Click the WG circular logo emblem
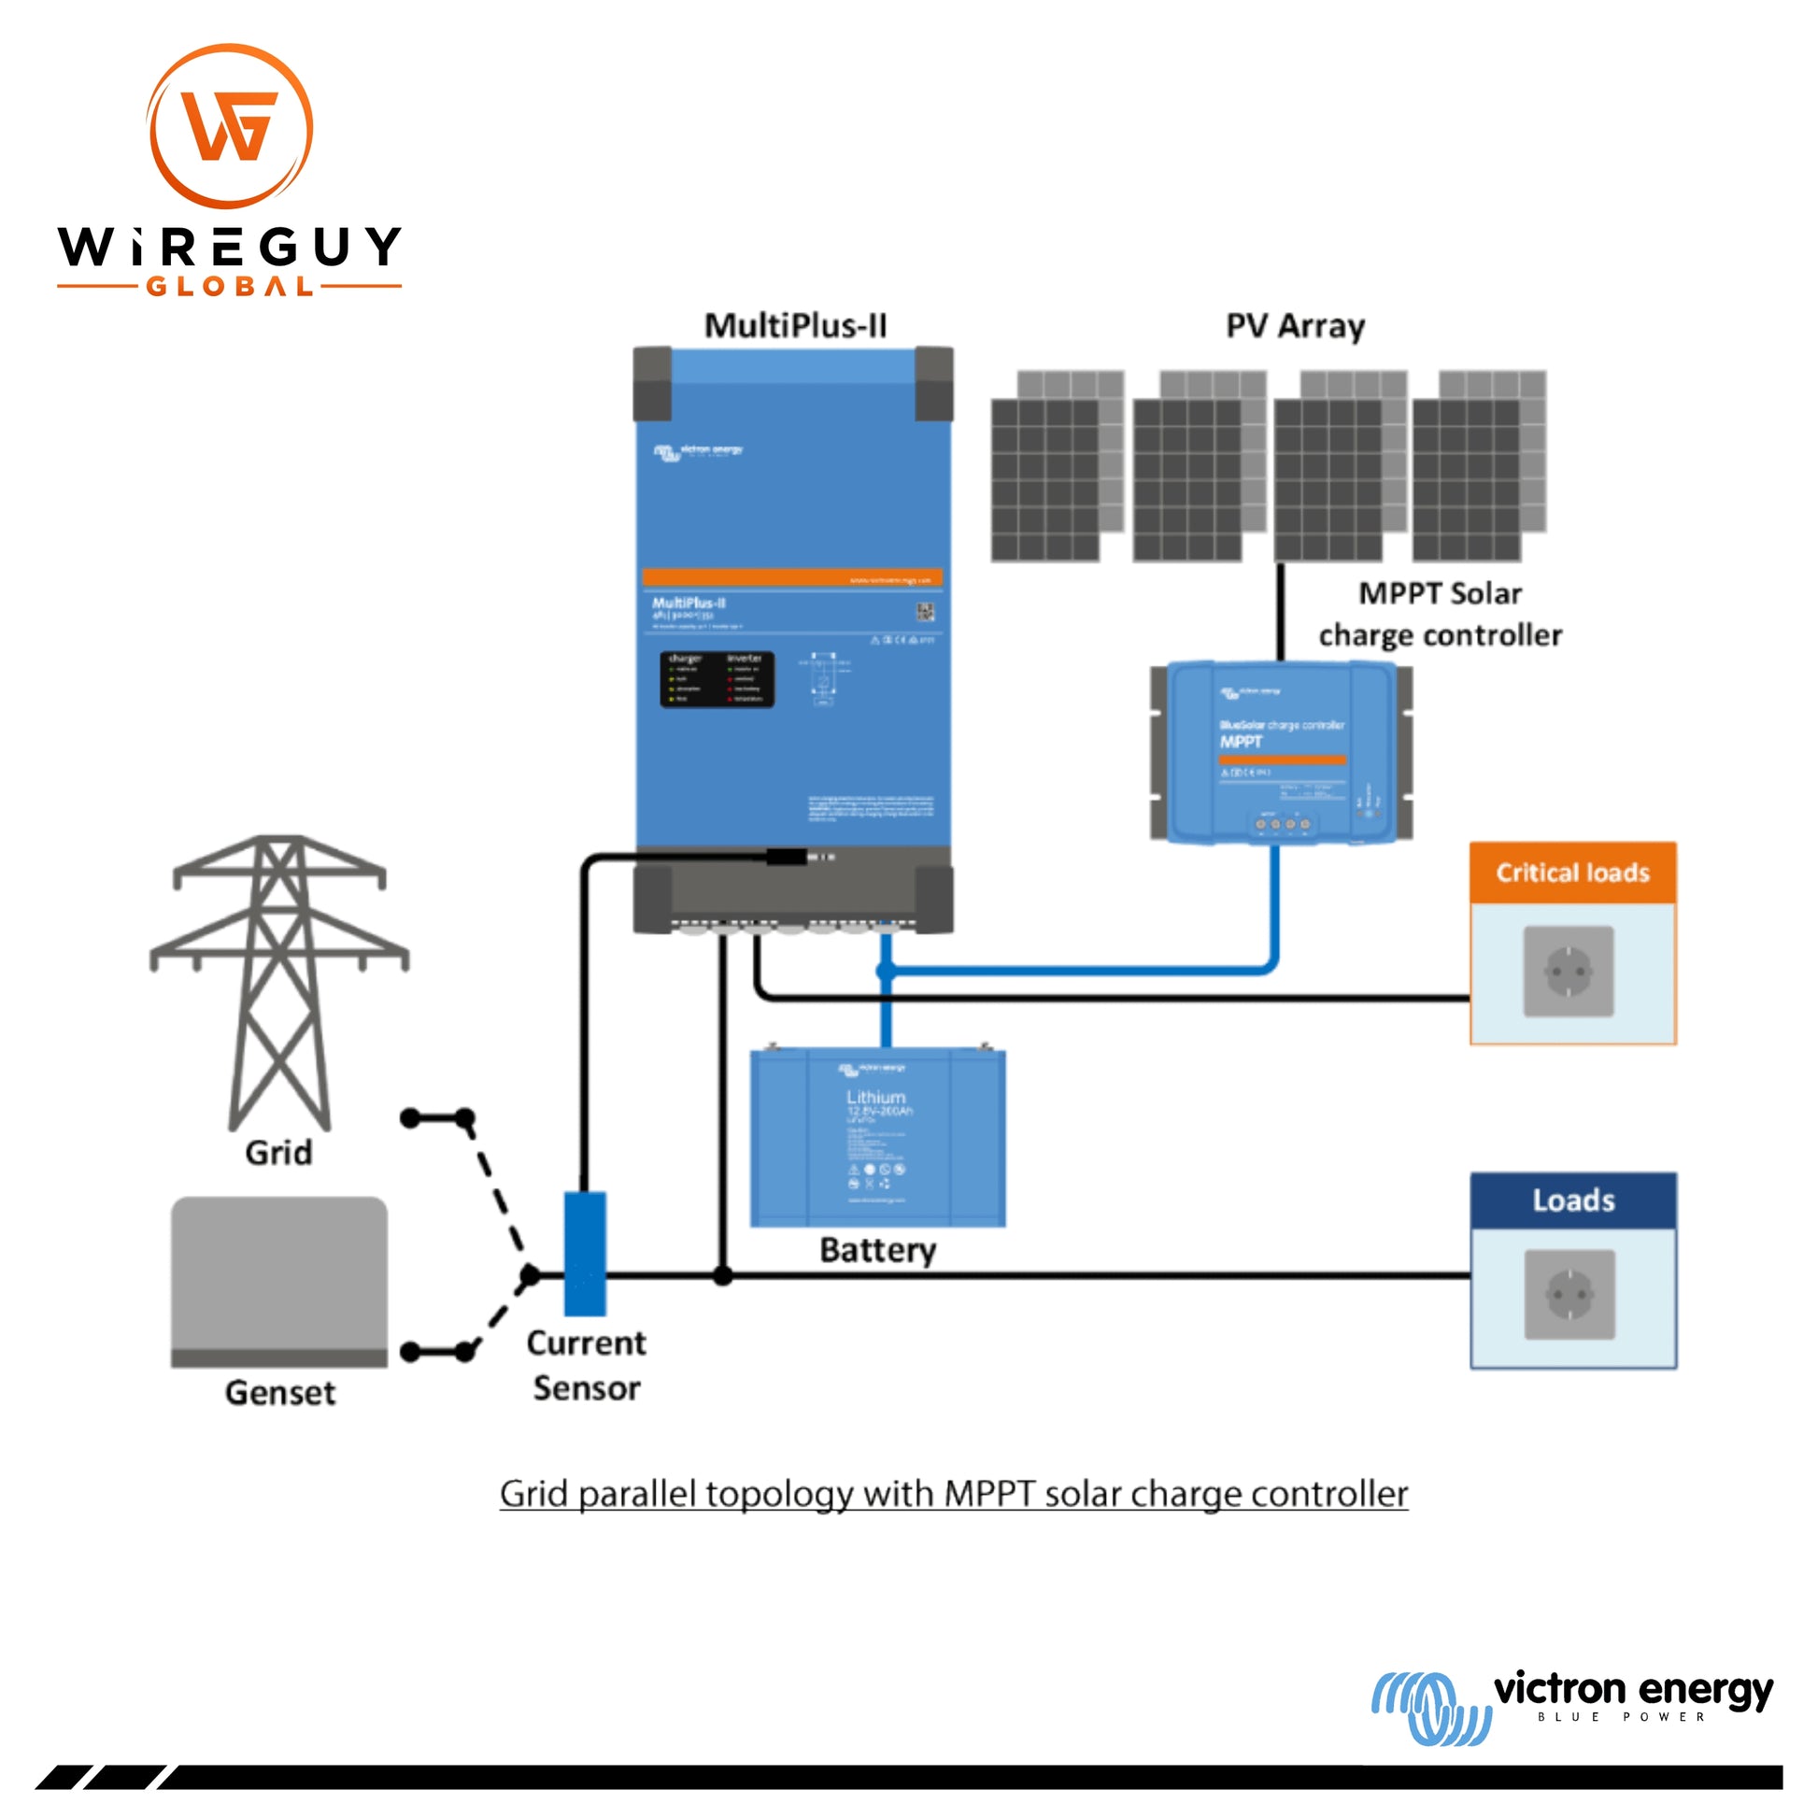click(231, 126)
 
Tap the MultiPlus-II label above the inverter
click(795, 326)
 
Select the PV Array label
click(1295, 326)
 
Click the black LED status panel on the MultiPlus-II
click(717, 679)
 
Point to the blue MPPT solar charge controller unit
click(1281, 752)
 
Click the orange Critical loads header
click(1572, 873)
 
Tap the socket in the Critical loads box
click(1569, 971)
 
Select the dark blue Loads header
click(1572, 1200)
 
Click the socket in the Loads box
click(1569, 1295)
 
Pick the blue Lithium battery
click(877, 1138)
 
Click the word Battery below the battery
click(877, 1251)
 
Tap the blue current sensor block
click(585, 1253)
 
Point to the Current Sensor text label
click(587, 1366)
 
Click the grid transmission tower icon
click(279, 979)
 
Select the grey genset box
click(279, 1281)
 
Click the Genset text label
click(279, 1393)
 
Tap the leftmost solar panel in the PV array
click(1046, 478)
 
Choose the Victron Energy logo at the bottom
click(1571, 1704)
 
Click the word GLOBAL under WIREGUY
click(230, 286)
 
